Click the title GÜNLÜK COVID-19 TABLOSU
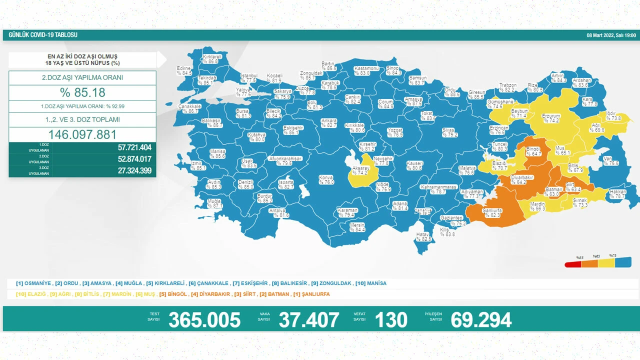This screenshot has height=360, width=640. tap(43, 35)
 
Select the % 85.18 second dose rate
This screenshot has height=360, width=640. tap(82, 92)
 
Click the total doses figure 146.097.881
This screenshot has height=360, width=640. tap(82, 134)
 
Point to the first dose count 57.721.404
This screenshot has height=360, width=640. tap(127, 147)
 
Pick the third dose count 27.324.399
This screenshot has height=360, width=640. tap(127, 171)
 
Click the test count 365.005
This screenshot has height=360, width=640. tap(204, 319)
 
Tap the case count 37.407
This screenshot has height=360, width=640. tap(308, 319)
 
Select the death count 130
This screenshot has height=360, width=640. tap(391, 319)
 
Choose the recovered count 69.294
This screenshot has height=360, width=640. tap(481, 319)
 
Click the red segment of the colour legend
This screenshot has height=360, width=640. tap(572, 264)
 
